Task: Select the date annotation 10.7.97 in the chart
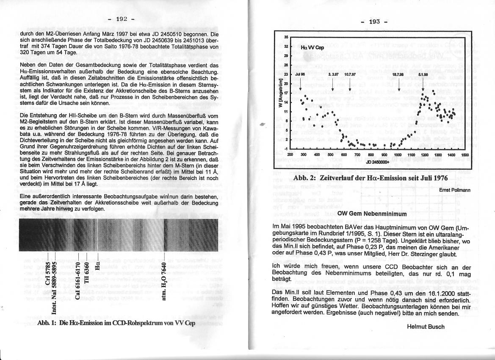click(x=350, y=74)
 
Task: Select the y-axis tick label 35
click(x=286, y=37)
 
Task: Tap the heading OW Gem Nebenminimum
click(x=372, y=214)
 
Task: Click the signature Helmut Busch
click(x=426, y=326)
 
